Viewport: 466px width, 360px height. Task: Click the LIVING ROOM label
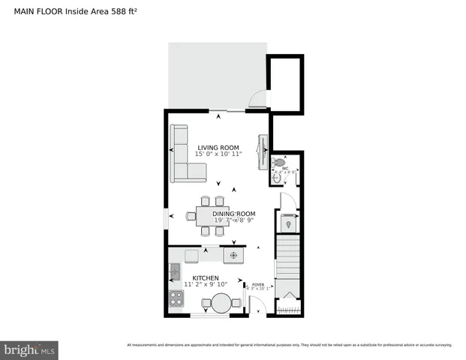[218, 147]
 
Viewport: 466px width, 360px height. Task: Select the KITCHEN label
[206, 278]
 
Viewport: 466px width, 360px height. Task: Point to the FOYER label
[257, 284]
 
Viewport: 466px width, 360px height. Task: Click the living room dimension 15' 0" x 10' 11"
[218, 154]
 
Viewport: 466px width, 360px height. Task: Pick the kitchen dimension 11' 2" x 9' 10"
[206, 285]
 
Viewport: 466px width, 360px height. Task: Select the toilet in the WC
[280, 162]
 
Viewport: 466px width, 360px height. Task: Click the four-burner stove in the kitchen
[176, 298]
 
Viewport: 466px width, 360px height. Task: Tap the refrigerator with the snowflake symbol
[233, 256]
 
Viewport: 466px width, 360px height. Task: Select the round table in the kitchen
[221, 303]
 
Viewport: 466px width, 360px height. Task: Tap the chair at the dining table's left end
[191, 217]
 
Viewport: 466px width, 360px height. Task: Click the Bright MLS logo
[30, 350]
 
